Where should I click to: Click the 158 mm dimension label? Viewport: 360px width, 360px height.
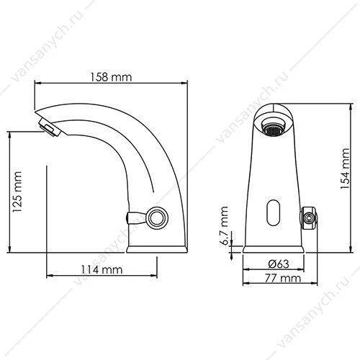(x=111, y=77)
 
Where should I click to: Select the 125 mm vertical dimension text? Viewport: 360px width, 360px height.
(x=17, y=192)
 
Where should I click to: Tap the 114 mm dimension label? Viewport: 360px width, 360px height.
(x=102, y=269)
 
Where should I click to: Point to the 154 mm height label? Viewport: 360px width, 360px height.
(x=345, y=168)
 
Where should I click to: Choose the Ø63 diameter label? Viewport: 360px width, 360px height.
(x=279, y=264)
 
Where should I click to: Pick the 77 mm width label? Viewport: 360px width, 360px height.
(x=283, y=278)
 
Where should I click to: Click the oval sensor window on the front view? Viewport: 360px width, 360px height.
(x=274, y=213)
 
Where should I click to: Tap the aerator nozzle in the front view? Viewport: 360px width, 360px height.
(x=274, y=127)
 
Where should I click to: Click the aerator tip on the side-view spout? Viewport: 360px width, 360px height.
(x=50, y=126)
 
